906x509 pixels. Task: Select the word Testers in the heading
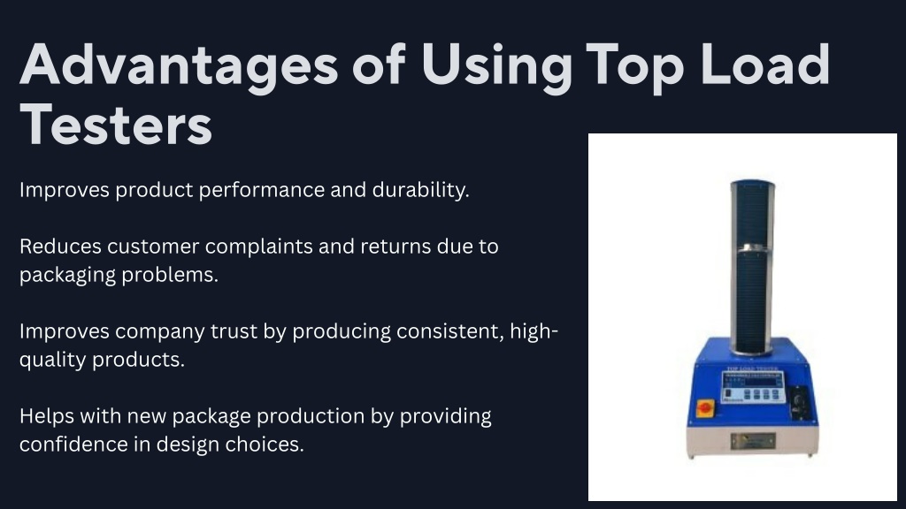tap(116, 125)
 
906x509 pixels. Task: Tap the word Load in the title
tap(765, 64)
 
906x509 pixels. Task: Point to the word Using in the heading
tap(497, 67)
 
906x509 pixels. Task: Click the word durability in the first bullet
tap(420, 190)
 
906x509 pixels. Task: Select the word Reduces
tap(61, 247)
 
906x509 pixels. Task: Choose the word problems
tap(169, 275)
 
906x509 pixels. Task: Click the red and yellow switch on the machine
tap(705, 407)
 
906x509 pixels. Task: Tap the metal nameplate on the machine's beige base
tap(753, 441)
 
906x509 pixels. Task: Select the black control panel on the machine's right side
tap(799, 403)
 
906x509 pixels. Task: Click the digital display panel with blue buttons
tap(754, 386)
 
